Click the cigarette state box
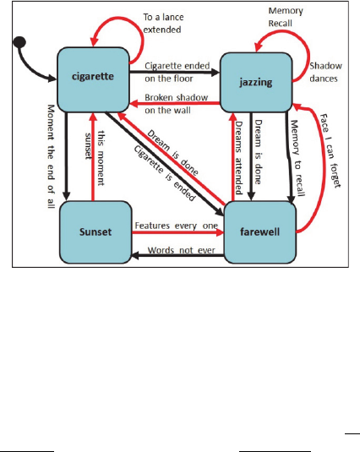pos(93,79)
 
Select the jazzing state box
pos(256,83)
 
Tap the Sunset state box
pos(95,232)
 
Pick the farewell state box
pos(260,232)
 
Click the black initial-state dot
pos(19,42)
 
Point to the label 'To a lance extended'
pos(163,24)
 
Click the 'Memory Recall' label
pos(286,17)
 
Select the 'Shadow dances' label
pos(325,73)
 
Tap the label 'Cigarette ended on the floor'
pos(177,72)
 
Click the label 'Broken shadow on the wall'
pos(176,104)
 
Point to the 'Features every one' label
pos(177,226)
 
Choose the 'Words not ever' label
pos(182,250)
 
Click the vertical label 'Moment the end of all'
pos(51,156)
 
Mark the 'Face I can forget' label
pos(330,150)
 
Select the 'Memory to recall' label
pos(297,158)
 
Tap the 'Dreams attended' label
pos(238,158)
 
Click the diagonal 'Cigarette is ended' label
pos(165,173)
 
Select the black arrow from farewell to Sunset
pos(177,255)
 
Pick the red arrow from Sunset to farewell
pos(177,232)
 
